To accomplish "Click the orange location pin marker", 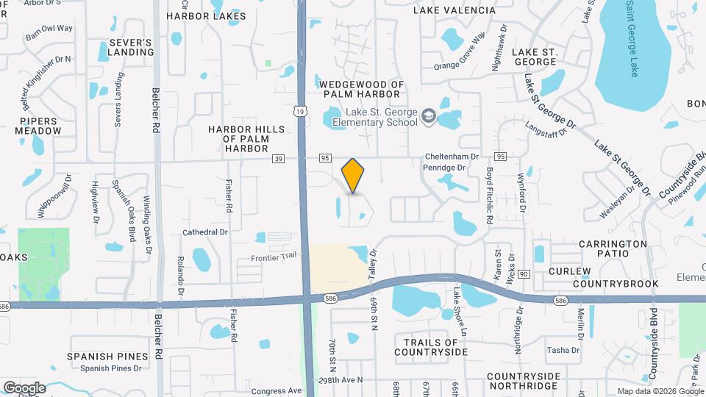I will point(353,176).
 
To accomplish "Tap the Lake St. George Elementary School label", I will point(374,117).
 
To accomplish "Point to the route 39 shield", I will point(277,158).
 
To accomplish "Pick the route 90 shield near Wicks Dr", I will point(524,273).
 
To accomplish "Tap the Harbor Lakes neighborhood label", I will point(196,15).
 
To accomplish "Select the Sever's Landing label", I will point(131,48).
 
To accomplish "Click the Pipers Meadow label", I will point(40,126).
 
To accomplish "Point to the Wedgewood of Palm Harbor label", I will point(363,90).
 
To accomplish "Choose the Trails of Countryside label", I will point(431,347).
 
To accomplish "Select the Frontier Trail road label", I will point(273,256).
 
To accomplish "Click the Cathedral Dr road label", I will point(205,232).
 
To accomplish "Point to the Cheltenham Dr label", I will point(452,157).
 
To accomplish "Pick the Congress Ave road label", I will point(277,391).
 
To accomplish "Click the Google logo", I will point(24,387).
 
